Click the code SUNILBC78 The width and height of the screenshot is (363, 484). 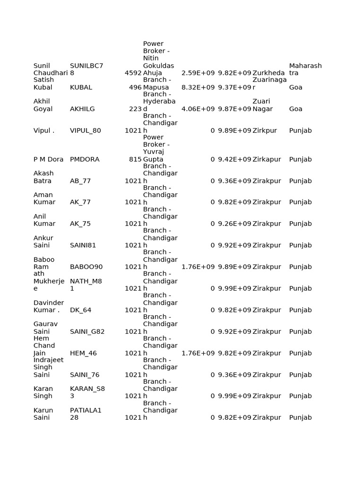[x=86, y=69]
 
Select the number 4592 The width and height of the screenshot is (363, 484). [x=133, y=73]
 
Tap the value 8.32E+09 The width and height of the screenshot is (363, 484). [x=198, y=87]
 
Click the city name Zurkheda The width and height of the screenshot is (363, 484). [x=268, y=73]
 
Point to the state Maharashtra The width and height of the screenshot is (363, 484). [x=305, y=69]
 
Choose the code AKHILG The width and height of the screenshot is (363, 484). [x=82, y=109]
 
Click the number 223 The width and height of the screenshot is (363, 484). [x=135, y=109]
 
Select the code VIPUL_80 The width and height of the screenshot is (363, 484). [x=85, y=130]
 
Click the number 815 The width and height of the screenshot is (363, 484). [x=135, y=159]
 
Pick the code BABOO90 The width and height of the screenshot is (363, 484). [x=86, y=267]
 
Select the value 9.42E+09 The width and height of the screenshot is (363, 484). [x=234, y=159]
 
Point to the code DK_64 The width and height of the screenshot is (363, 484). [x=80, y=310]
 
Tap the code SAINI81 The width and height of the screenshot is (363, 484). [x=83, y=245]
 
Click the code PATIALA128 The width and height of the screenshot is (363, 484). [x=86, y=414]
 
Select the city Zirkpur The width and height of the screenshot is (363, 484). [x=268, y=130]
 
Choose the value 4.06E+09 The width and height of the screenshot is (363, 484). [x=198, y=109]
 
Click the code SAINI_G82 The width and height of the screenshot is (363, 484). [x=87, y=331]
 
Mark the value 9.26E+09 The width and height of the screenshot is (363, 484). [x=234, y=224]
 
